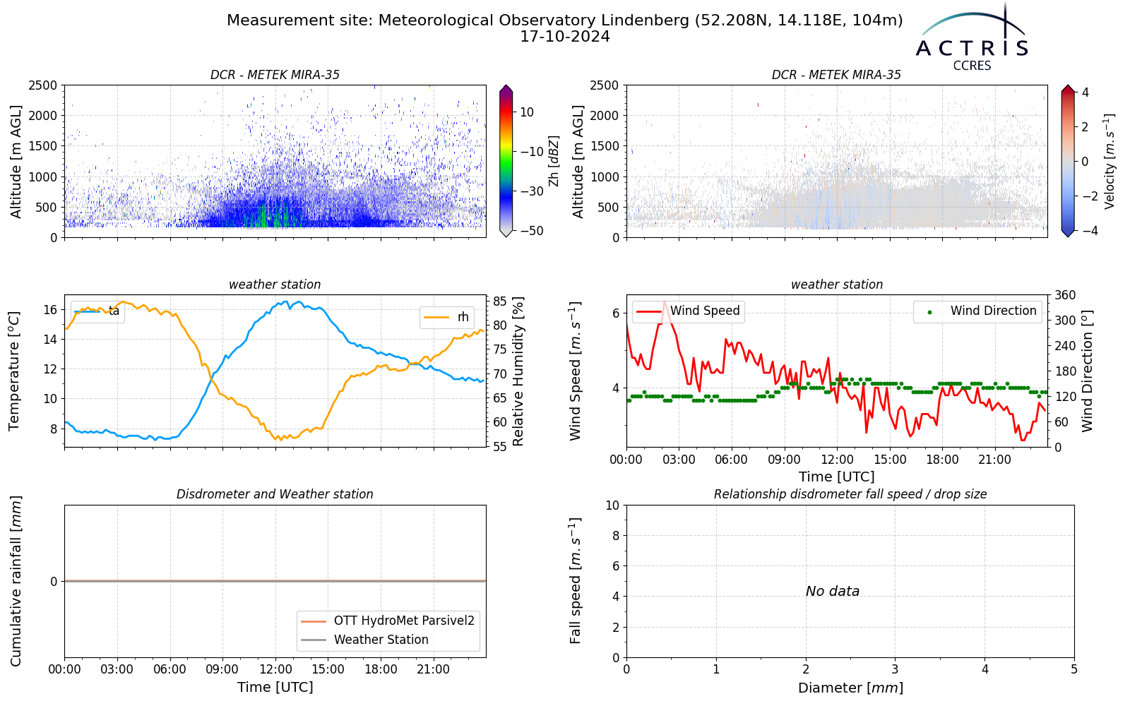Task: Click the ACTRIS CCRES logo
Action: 972,38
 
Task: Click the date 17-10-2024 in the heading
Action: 565,37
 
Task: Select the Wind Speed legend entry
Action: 688,311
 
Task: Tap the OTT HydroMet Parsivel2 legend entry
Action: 388,621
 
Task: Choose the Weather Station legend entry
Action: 364,640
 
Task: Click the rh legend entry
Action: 446,317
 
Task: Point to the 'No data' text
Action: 833,591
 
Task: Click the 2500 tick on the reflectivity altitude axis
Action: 43,85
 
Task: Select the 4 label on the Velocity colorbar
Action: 1085,92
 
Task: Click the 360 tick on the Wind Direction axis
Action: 1066,295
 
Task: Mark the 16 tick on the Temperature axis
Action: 51,310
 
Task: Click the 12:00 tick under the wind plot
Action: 837,460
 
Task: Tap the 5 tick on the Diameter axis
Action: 1074,670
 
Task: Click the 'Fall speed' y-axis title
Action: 576,580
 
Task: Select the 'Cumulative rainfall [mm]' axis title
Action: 16,581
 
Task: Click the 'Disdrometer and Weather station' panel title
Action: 275,494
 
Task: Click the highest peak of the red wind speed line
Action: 665,301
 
